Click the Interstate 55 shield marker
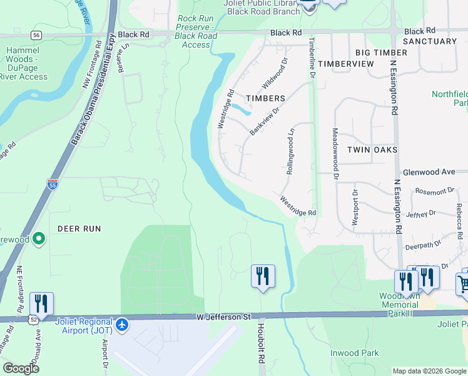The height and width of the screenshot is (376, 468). tap(53, 184)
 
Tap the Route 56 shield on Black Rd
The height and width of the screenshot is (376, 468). tap(38, 35)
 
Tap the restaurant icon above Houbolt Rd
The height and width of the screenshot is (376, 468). tap(263, 276)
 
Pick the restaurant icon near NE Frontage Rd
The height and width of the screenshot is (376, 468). tap(41, 304)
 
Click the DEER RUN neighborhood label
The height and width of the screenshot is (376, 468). tap(79, 229)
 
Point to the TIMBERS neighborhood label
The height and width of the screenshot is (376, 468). tap(265, 98)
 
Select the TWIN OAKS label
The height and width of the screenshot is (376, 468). tap(369, 150)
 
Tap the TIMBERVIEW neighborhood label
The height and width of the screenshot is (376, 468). tap(346, 64)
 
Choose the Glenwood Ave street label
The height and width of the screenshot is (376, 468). tap(429, 171)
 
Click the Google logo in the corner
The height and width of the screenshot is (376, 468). tap(21, 368)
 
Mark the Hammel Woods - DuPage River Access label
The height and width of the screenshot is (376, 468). tap(26, 63)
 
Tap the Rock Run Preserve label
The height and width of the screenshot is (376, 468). tap(196, 32)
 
